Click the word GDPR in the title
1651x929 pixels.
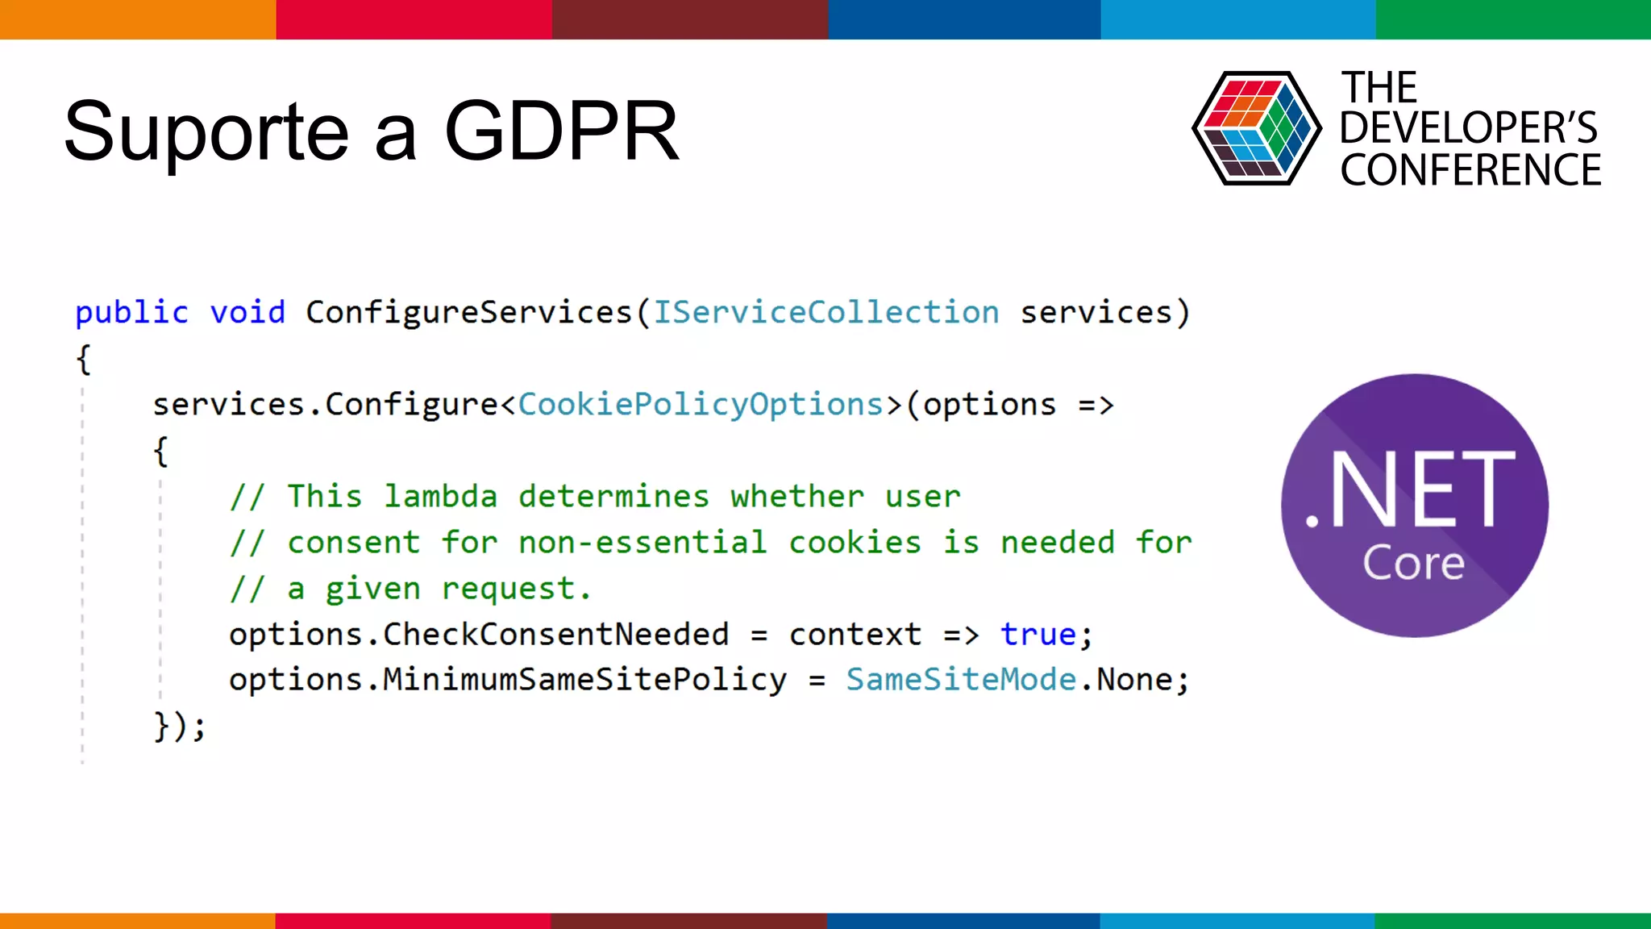tap(561, 131)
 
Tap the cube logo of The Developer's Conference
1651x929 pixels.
tap(1256, 128)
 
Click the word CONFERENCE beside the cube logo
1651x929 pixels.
tap(1470, 170)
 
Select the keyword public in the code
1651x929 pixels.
tap(131, 313)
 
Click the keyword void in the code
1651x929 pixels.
tap(247, 313)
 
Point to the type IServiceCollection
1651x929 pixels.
tap(825, 313)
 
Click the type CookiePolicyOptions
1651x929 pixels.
tap(701, 405)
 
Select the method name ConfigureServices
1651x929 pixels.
tap(469, 313)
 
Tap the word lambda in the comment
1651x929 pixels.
tap(440, 497)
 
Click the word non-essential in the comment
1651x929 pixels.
tap(643, 543)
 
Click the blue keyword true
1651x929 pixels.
tap(1038, 635)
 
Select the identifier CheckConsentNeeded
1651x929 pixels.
tap(555, 635)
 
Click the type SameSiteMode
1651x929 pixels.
tap(961, 681)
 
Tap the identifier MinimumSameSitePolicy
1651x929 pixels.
tap(584, 681)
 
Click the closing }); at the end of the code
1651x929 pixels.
tap(180, 726)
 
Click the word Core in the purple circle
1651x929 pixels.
tap(1413, 563)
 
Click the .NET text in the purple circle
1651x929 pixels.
tap(1410, 490)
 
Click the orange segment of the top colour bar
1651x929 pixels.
tap(137, 19)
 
